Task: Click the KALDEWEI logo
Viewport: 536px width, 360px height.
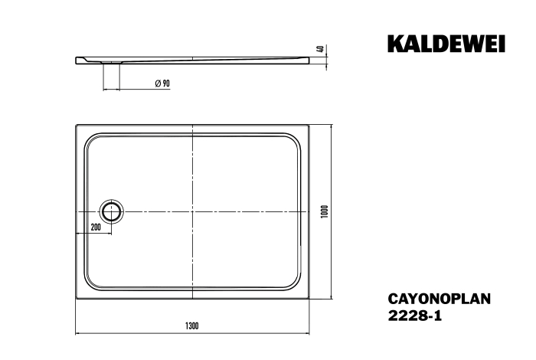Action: [446, 44]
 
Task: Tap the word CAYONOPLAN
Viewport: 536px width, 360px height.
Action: [440, 299]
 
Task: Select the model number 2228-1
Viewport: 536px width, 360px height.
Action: [415, 316]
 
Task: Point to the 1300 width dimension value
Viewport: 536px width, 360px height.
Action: [192, 326]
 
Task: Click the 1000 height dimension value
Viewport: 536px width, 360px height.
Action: [325, 211]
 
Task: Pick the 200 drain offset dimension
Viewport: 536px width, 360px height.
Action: [96, 227]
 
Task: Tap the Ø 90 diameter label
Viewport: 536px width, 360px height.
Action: [162, 83]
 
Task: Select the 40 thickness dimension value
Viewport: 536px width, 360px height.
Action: [321, 48]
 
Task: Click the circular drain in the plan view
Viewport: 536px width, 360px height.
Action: [111, 211]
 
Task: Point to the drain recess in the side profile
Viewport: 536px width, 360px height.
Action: [111, 62]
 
